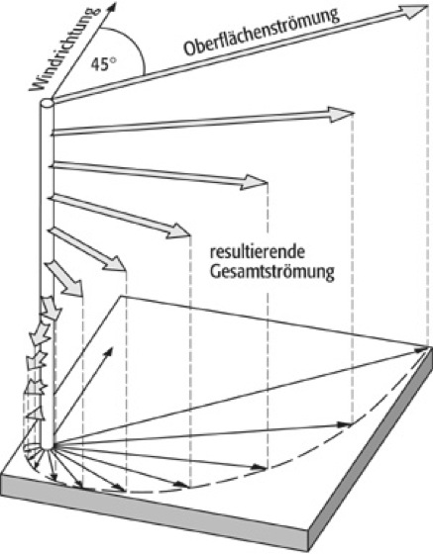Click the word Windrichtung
coord(64,48)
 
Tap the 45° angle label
coord(103,63)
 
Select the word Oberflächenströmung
coord(261,32)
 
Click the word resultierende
coord(258,252)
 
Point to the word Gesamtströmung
coord(272,273)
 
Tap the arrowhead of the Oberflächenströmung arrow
coord(413,11)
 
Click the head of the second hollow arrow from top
coord(340,114)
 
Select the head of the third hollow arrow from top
coord(254,182)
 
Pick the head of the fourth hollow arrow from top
coord(179,231)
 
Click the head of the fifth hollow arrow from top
coord(115,264)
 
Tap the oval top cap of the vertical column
coord(47,103)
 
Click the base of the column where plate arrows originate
coord(50,448)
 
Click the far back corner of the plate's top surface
coord(122,296)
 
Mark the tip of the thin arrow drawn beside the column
coord(112,348)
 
